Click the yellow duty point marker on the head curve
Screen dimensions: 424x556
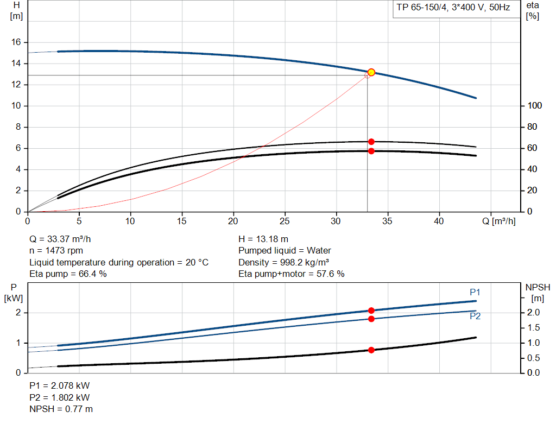coord(371,72)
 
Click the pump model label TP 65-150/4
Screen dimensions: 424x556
coord(453,8)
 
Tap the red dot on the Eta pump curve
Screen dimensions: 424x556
coord(371,142)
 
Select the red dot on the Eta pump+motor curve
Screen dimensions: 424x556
coord(371,151)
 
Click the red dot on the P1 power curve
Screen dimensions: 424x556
coord(371,311)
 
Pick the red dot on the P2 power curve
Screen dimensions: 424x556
coord(371,319)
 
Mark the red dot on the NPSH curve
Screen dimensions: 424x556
coord(371,350)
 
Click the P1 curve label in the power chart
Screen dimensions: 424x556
coord(475,292)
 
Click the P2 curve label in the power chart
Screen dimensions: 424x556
coord(475,316)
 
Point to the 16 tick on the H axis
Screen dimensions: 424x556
coord(16,42)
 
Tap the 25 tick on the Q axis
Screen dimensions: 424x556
coord(285,221)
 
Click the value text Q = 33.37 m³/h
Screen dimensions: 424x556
coord(65,239)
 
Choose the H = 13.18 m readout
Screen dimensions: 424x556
coord(263,239)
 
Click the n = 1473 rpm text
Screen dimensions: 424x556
coord(56,251)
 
